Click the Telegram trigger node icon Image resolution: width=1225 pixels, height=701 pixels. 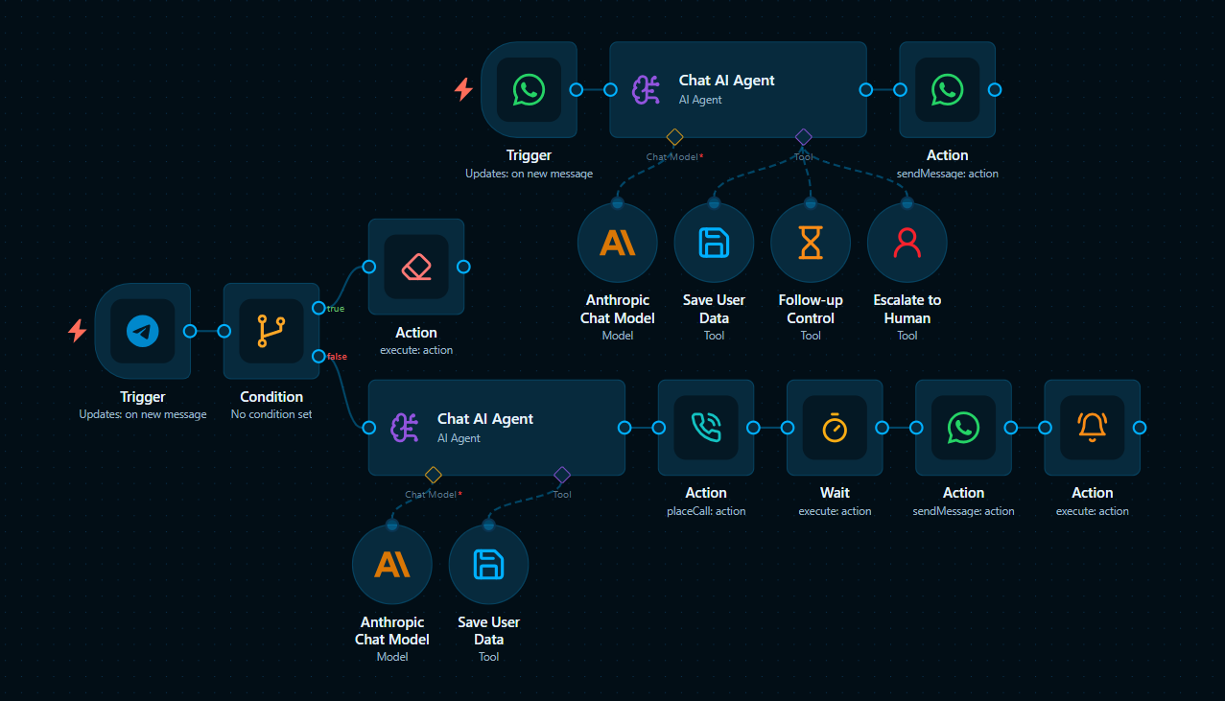pyautogui.click(x=143, y=331)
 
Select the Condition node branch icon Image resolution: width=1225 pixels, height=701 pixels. pyautogui.click(x=271, y=331)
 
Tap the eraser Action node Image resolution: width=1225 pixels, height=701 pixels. pyautogui.click(x=416, y=267)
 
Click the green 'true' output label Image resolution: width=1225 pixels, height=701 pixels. pyautogui.click(x=336, y=309)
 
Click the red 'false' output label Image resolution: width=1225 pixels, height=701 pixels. pyautogui.click(x=337, y=357)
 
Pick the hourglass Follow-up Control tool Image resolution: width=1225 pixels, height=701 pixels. pyautogui.click(x=811, y=243)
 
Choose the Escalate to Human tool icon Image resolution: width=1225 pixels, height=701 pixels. pyautogui.click(x=907, y=243)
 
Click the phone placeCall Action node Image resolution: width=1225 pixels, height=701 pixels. pyautogui.click(x=706, y=428)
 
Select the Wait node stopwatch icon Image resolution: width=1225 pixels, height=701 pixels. pyautogui.click(x=836, y=428)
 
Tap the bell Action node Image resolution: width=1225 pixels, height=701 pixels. pyautogui.click(x=1092, y=428)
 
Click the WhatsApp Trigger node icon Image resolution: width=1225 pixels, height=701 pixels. pyautogui.click(x=529, y=90)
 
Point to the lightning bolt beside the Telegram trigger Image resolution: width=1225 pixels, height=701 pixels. pyautogui.click(x=77, y=331)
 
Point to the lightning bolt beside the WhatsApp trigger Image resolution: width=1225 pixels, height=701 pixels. pyautogui.click(x=463, y=90)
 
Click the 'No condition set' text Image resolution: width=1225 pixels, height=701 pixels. pyautogui.click(x=271, y=414)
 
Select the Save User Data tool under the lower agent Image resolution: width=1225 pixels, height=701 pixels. pyautogui.click(x=489, y=565)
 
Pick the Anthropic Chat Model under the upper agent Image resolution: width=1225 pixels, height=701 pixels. pyautogui.click(x=618, y=243)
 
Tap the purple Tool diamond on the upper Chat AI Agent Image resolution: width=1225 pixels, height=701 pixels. pyautogui.click(x=803, y=137)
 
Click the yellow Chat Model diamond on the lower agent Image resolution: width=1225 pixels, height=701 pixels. pyautogui.click(x=434, y=475)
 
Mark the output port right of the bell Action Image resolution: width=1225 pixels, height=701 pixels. pyautogui.click(x=1140, y=428)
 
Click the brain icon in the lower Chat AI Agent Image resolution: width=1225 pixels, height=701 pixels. pyautogui.click(x=405, y=428)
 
